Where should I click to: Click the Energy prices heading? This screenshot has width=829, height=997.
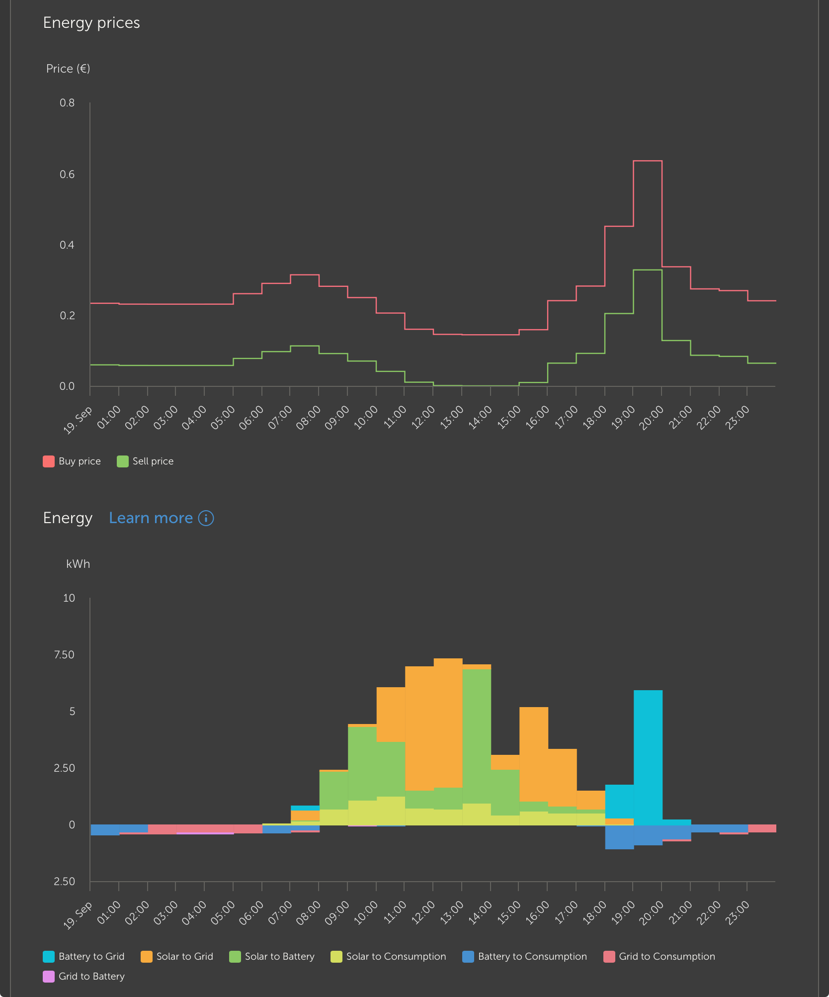coord(91,23)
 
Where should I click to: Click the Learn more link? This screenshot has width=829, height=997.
coord(151,518)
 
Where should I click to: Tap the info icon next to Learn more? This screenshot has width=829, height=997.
coord(206,518)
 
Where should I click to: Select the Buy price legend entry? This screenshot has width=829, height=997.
coord(72,461)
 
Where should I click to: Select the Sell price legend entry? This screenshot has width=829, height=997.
coord(145,461)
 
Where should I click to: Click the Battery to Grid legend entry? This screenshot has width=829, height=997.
coord(83,956)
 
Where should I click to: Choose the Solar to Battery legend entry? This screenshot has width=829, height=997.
coord(272,956)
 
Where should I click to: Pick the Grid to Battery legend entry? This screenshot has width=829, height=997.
coord(83,976)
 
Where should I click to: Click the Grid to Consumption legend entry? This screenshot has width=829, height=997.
coord(659,956)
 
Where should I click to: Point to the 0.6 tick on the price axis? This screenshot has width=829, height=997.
coord(67,175)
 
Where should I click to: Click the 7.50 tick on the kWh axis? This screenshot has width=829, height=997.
coord(64,655)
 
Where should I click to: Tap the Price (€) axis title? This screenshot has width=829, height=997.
coord(68,69)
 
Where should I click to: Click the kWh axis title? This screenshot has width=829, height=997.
coord(78,564)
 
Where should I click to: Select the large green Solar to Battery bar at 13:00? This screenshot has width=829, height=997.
coord(477,736)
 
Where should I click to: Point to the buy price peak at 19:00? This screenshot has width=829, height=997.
coord(648,161)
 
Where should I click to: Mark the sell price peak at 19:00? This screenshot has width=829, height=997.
coord(648,270)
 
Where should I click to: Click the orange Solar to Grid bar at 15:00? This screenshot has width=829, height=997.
coord(534,753)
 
